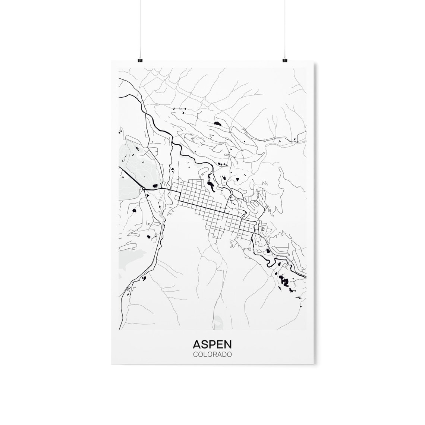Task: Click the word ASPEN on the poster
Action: [x=212, y=344]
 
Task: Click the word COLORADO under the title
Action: [x=212, y=355]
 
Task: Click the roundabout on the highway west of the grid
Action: [x=144, y=189]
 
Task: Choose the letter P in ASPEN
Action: [x=212, y=344]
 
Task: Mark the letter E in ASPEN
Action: [x=219, y=344]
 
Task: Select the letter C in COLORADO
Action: [x=195, y=355]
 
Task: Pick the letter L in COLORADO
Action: [x=205, y=355]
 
